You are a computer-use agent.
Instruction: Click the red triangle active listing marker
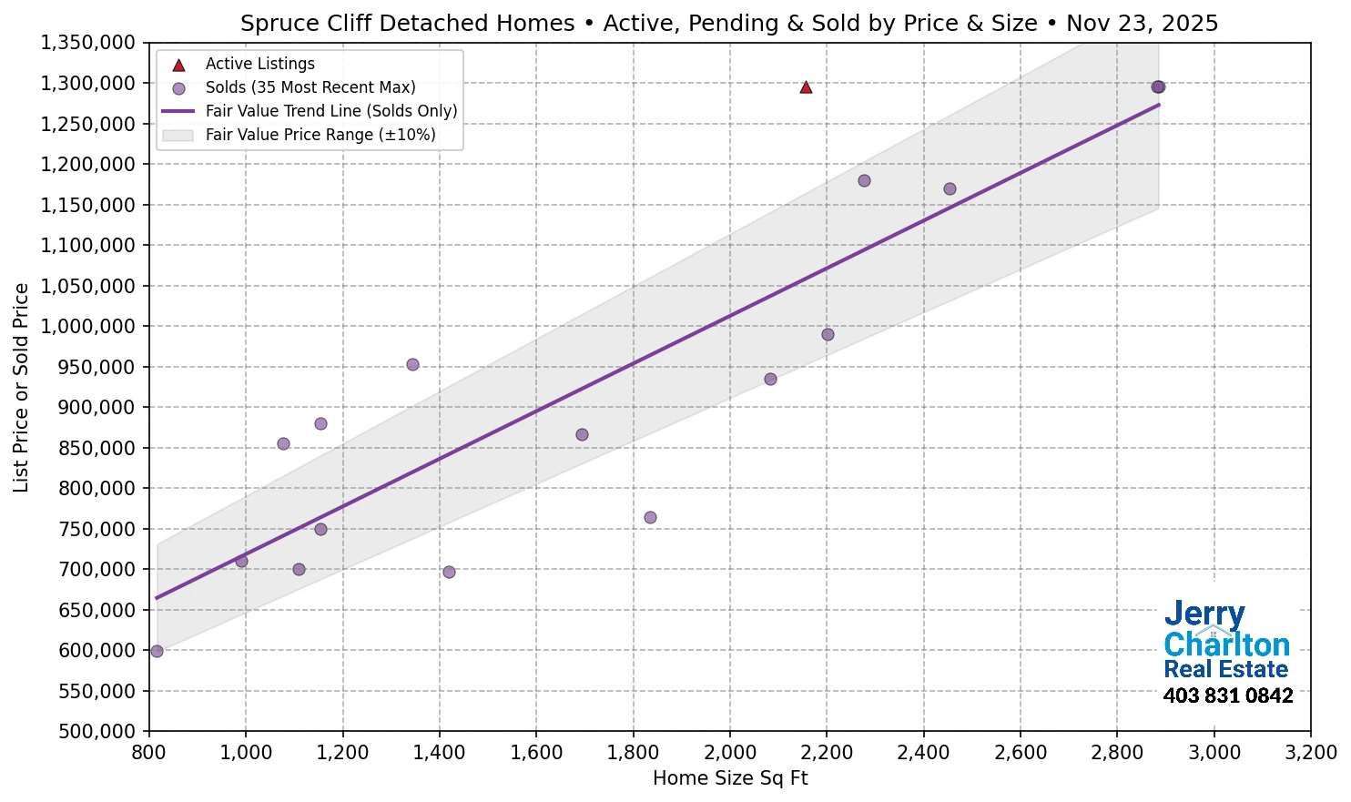point(806,87)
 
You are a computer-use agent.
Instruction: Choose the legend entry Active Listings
point(259,64)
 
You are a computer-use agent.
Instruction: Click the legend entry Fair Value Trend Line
point(330,111)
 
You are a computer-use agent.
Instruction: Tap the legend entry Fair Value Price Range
point(320,135)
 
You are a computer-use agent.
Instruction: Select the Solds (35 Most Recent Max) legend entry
point(310,87)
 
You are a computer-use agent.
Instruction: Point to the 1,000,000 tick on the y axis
point(89,327)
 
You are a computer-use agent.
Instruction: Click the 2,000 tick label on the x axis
point(729,753)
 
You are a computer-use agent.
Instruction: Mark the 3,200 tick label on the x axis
point(1310,753)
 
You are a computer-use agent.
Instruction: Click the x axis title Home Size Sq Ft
point(730,778)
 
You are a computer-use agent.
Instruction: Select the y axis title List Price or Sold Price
point(22,388)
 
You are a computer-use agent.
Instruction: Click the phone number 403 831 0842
point(1227,696)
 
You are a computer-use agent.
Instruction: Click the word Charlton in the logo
point(1226,645)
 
